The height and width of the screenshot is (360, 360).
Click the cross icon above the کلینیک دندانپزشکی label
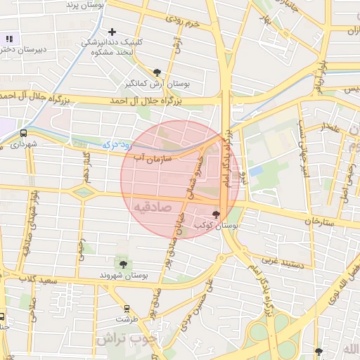point(112,32)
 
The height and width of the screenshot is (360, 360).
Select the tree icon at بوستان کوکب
point(215,214)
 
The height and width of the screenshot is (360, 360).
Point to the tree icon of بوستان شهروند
point(124,264)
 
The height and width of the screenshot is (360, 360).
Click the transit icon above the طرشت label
point(127,308)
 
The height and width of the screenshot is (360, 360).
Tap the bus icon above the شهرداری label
point(24,132)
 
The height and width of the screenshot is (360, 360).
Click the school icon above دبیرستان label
point(8,39)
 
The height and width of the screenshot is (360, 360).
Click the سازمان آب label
point(149,158)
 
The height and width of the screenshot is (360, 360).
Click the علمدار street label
point(330,128)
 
